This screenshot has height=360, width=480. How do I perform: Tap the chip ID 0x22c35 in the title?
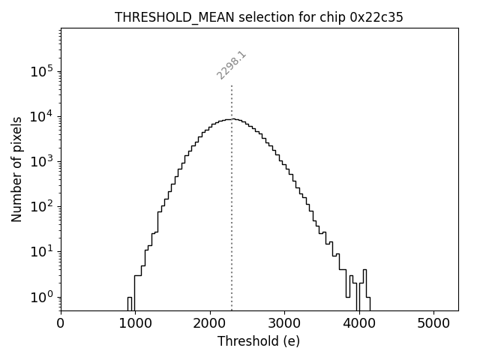[376, 17]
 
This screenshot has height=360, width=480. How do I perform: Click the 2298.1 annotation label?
[232, 65]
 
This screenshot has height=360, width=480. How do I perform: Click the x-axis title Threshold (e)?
[259, 341]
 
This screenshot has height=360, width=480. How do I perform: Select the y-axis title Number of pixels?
[16, 170]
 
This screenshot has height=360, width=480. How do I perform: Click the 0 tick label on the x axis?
[61, 324]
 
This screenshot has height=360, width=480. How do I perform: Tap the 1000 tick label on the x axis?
[135, 324]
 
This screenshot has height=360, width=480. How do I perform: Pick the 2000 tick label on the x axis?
[210, 324]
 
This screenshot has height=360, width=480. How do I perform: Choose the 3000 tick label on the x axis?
[284, 324]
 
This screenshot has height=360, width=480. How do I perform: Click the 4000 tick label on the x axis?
[358, 324]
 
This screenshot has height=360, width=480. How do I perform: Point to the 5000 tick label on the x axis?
[433, 324]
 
